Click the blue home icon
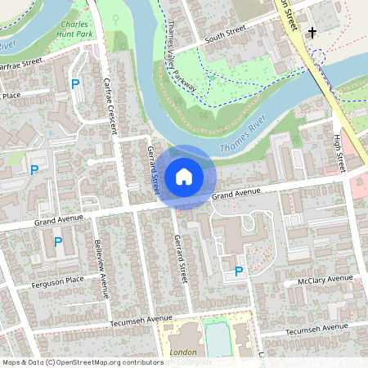[184, 177]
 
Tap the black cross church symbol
[312, 34]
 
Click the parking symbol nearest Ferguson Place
[58, 242]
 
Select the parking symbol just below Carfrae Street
[76, 84]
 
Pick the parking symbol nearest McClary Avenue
[239, 271]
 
